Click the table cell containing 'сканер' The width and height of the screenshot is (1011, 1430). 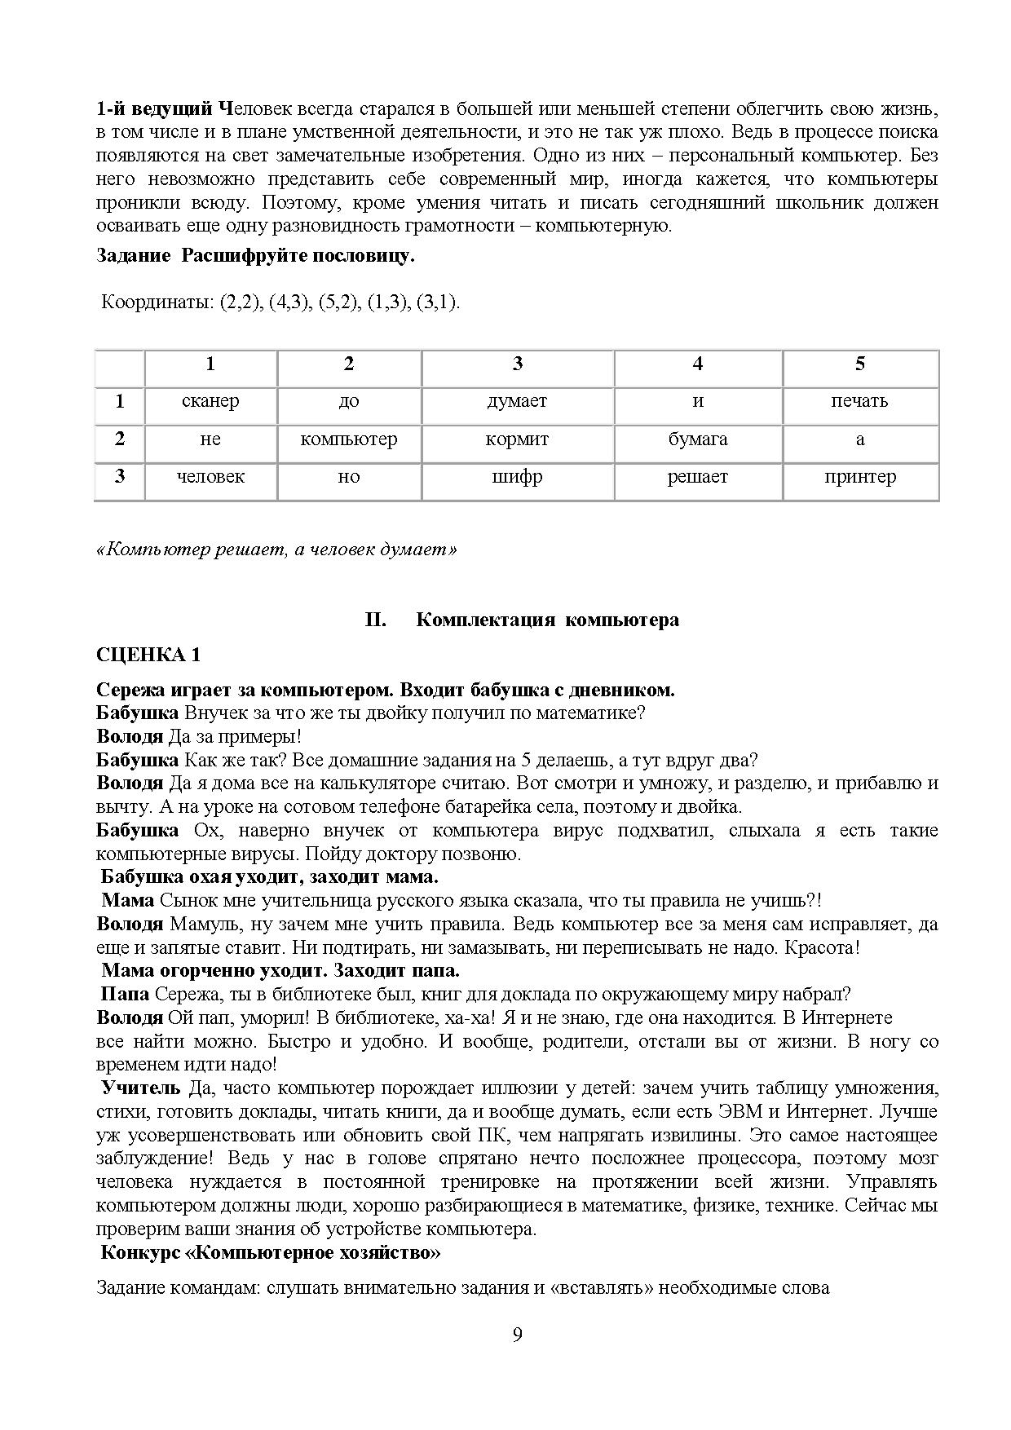click(x=210, y=401)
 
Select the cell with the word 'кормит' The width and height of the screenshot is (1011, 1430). click(x=517, y=439)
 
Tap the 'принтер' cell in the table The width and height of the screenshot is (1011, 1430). click(x=860, y=477)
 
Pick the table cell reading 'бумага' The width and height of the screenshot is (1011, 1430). click(x=697, y=439)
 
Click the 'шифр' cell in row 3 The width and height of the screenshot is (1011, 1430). click(x=517, y=477)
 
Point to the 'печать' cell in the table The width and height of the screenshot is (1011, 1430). click(x=860, y=401)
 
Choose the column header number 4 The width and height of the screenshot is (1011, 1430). click(x=697, y=364)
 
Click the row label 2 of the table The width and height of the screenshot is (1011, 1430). click(x=120, y=439)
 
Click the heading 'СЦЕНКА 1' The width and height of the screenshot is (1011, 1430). click(x=148, y=655)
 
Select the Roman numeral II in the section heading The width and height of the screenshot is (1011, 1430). click(x=374, y=620)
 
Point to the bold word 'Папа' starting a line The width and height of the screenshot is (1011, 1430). click(x=125, y=995)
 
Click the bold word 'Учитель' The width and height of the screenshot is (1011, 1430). click(x=140, y=1088)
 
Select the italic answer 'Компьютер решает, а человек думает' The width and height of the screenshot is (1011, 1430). click(x=276, y=549)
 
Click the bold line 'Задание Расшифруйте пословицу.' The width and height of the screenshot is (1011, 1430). click(x=255, y=256)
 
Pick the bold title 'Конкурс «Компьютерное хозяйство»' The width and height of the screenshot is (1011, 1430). click(x=270, y=1253)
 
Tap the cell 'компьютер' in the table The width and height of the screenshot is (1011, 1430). click(x=348, y=439)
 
